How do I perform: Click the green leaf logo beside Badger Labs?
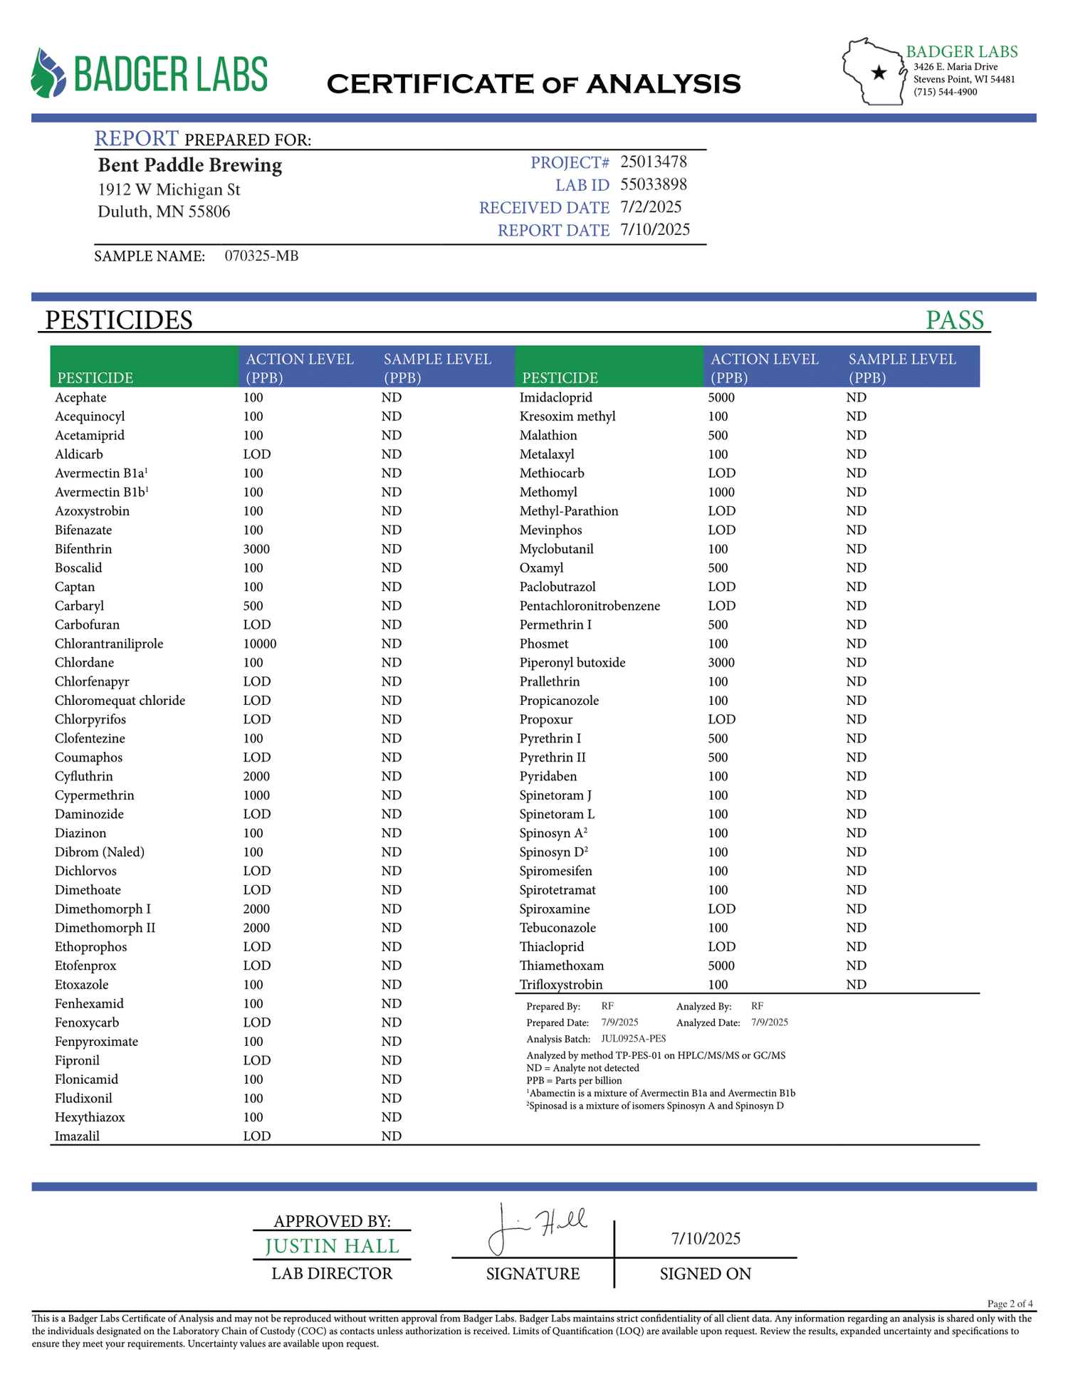[x=48, y=73]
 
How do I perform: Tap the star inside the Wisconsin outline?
[x=879, y=72]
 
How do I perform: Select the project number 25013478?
[x=653, y=162]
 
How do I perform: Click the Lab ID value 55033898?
[x=653, y=185]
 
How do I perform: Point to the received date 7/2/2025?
[x=650, y=207]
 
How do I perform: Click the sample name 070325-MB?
[x=261, y=256]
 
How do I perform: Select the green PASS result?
[x=954, y=320]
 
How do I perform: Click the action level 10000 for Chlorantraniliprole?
[x=259, y=644]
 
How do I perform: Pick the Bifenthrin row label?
[x=83, y=549]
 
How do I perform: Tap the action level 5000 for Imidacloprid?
[x=721, y=397]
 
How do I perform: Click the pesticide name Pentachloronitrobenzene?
[x=590, y=606]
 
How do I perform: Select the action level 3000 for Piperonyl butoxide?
[x=721, y=663]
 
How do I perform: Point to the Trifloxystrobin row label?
[x=561, y=985]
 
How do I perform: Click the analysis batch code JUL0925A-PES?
[x=633, y=1039]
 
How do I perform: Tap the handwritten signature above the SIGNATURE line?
[x=535, y=1226]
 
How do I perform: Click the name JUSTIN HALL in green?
[x=332, y=1246]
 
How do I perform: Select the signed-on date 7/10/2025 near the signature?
[x=706, y=1238]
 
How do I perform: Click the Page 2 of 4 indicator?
[x=1010, y=1304]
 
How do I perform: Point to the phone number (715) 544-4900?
[x=945, y=92]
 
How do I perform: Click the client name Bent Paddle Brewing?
[x=190, y=165]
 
